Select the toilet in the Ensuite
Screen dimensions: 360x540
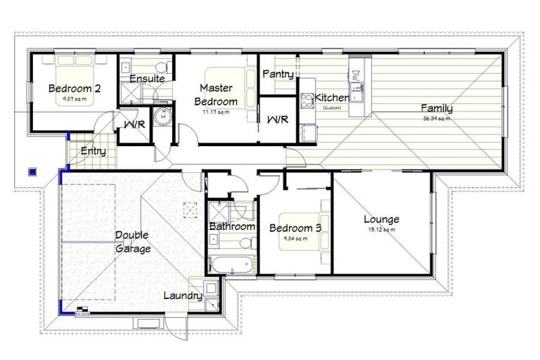[x=161, y=67]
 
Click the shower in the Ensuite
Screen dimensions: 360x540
[x=130, y=94]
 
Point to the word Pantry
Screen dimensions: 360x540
[x=277, y=74]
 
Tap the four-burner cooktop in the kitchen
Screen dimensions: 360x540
[x=307, y=101]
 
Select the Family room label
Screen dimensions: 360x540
[x=436, y=108]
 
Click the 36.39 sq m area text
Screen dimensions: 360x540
[x=436, y=119]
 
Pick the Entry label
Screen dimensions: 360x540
[x=94, y=151]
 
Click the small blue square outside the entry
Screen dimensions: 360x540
[x=31, y=169]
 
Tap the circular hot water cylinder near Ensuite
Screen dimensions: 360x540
[x=162, y=118]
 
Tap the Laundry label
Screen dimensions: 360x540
[x=183, y=296]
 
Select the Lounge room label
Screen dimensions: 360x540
[x=381, y=219]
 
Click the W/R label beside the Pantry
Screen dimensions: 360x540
[x=277, y=120]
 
